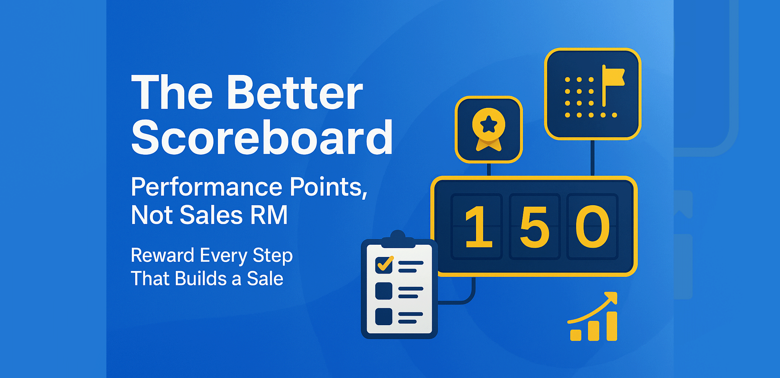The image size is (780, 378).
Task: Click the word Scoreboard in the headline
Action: tap(262, 138)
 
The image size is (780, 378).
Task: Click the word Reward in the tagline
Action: tap(162, 255)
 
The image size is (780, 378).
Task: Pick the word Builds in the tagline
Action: tap(201, 279)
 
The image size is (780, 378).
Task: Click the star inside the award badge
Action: tap(489, 124)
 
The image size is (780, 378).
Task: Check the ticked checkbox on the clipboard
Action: tap(384, 265)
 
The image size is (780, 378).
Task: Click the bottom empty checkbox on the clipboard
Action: tap(384, 317)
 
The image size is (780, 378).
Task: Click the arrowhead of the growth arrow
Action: tap(612, 297)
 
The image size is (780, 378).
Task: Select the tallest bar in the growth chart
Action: tap(612, 326)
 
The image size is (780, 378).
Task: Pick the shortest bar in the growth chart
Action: tap(576, 335)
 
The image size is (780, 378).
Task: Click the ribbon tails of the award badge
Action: tap(489, 145)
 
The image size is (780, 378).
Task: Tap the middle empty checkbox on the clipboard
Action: tap(384, 291)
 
